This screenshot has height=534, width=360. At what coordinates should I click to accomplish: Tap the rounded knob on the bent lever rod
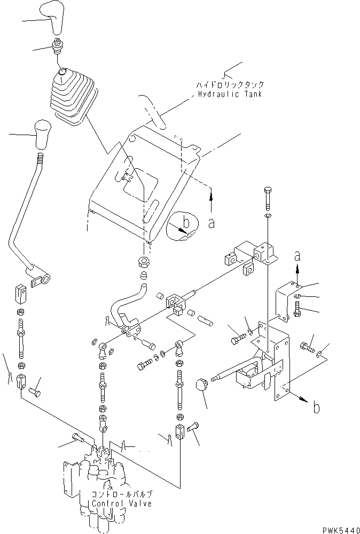pyautogui.click(x=42, y=135)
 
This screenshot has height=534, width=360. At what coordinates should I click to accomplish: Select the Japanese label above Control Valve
pyautogui.click(x=122, y=494)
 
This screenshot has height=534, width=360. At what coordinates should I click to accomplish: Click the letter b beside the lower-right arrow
pyautogui.click(x=316, y=409)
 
